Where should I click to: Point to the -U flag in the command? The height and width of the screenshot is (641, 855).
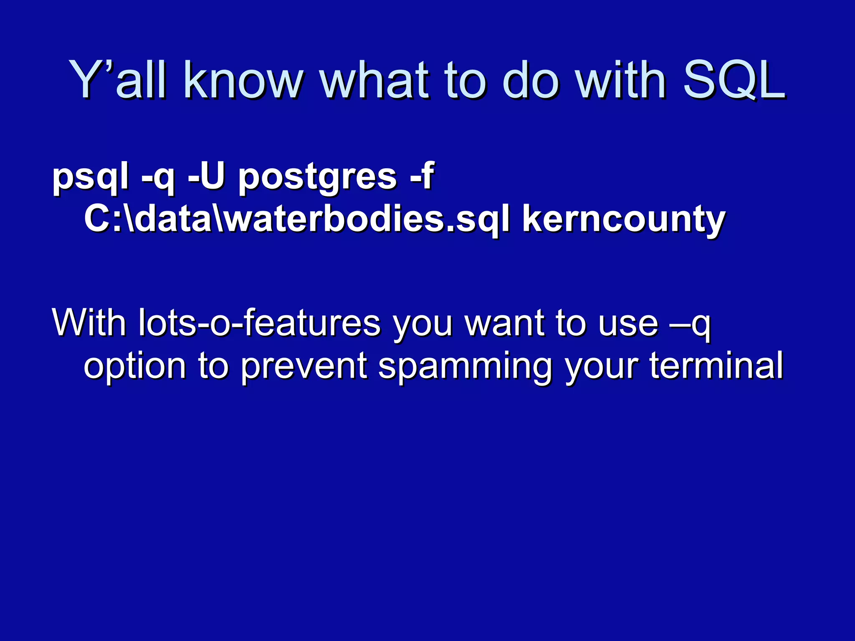coord(206,176)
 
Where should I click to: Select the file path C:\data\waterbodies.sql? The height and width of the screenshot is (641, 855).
coord(297,219)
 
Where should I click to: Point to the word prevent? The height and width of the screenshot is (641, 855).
coord(304,366)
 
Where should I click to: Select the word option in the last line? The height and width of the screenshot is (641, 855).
coord(135,366)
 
